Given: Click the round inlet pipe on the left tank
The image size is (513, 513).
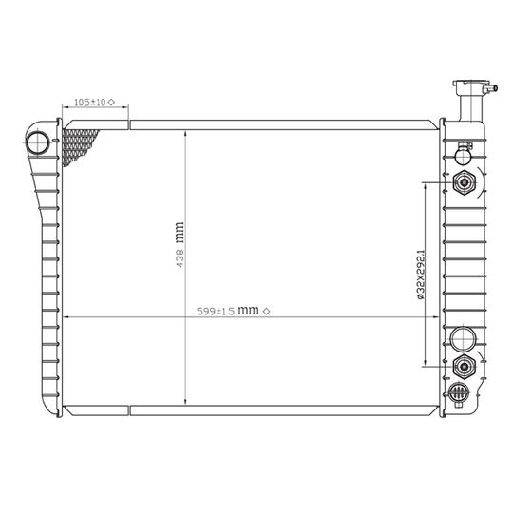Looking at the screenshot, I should (x=38, y=144).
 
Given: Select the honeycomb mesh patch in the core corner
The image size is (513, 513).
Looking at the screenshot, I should (x=79, y=147).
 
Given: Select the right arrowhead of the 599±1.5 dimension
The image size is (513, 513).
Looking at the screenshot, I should (x=439, y=317).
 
